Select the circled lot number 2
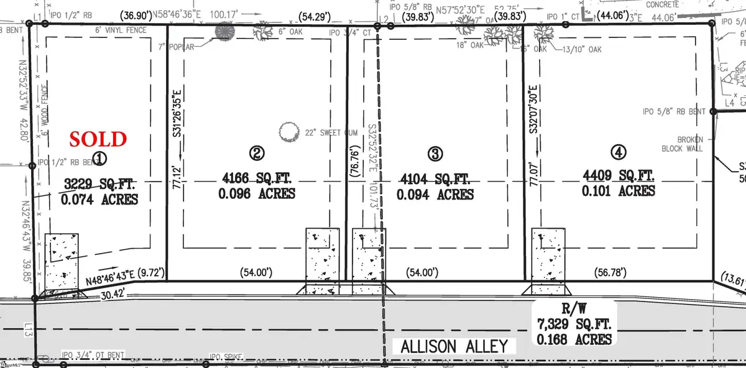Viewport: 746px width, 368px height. [256, 152]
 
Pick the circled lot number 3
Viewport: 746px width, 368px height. [435, 153]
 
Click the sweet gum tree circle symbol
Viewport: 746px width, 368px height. [288, 132]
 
